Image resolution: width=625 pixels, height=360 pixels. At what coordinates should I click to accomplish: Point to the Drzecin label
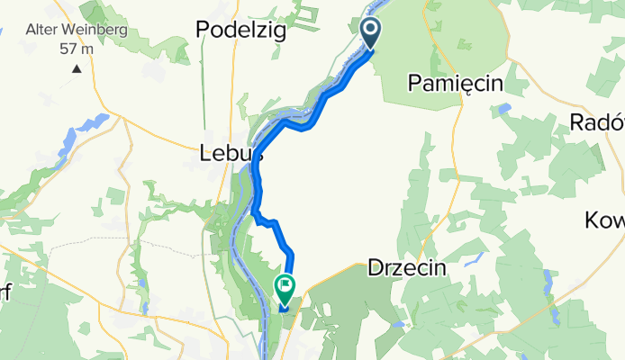click(x=407, y=268)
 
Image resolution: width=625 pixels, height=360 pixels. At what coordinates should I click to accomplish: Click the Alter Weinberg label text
click(x=76, y=30)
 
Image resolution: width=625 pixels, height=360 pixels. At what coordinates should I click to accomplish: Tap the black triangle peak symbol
click(x=77, y=67)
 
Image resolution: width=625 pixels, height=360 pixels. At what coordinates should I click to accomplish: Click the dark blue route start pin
click(x=371, y=33)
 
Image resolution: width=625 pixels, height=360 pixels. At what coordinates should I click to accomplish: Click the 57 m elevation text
click(x=77, y=48)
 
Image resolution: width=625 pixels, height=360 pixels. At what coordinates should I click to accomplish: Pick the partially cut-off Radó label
click(x=597, y=122)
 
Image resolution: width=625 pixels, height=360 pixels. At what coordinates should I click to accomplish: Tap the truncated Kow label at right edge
click(x=604, y=220)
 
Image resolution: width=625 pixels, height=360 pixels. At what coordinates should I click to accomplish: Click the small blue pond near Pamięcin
click(x=503, y=108)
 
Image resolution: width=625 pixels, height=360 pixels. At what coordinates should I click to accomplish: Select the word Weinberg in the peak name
click(x=95, y=30)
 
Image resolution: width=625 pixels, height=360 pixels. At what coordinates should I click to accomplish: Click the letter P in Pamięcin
click(x=414, y=84)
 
